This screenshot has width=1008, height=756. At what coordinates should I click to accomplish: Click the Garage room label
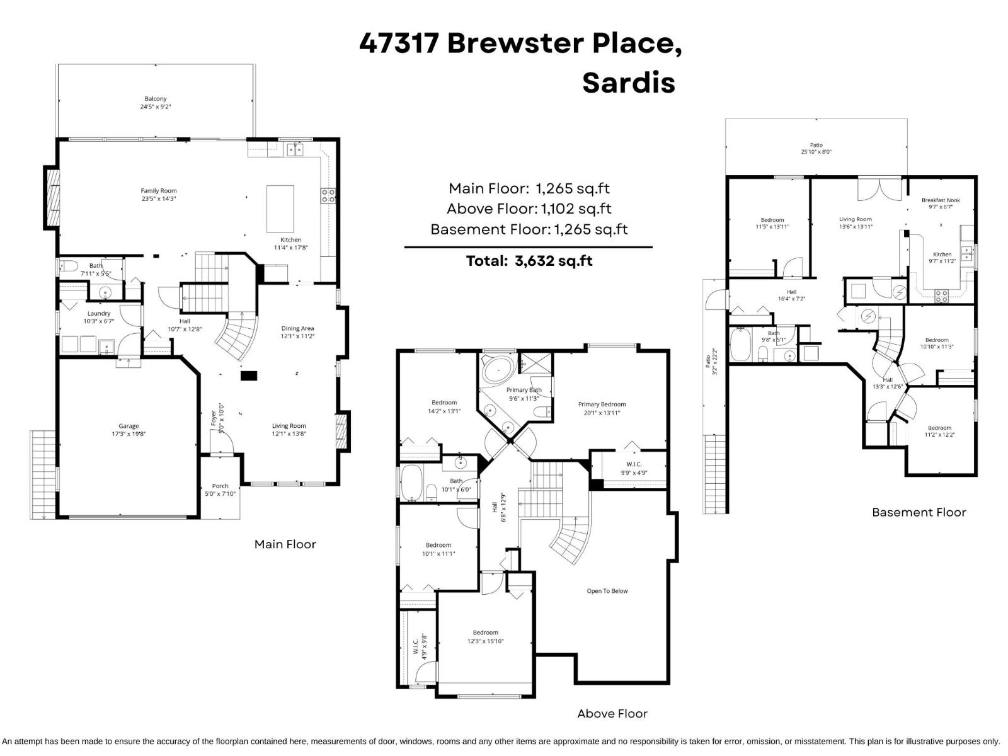click(129, 427)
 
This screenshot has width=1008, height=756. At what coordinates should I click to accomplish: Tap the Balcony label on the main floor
click(156, 99)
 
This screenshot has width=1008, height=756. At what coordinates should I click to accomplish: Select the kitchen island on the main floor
click(280, 209)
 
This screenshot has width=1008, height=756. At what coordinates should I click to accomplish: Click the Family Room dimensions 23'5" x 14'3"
click(159, 199)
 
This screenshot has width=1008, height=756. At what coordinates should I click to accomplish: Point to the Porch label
click(220, 486)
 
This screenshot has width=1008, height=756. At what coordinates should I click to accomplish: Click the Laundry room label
click(99, 313)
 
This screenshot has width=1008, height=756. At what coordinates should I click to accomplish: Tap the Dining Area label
click(297, 328)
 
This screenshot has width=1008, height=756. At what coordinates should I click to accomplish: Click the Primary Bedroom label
click(602, 404)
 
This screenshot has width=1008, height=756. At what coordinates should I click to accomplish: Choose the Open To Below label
click(607, 591)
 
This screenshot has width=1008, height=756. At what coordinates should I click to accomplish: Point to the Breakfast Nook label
click(941, 200)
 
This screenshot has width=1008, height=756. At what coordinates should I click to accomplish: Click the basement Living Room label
click(855, 219)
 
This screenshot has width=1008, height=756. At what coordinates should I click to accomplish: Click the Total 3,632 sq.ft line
click(529, 261)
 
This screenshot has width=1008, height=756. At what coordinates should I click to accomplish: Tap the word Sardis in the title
click(628, 83)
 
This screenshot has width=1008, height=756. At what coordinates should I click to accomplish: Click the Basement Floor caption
click(918, 512)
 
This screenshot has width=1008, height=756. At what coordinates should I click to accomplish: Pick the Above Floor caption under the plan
click(612, 713)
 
